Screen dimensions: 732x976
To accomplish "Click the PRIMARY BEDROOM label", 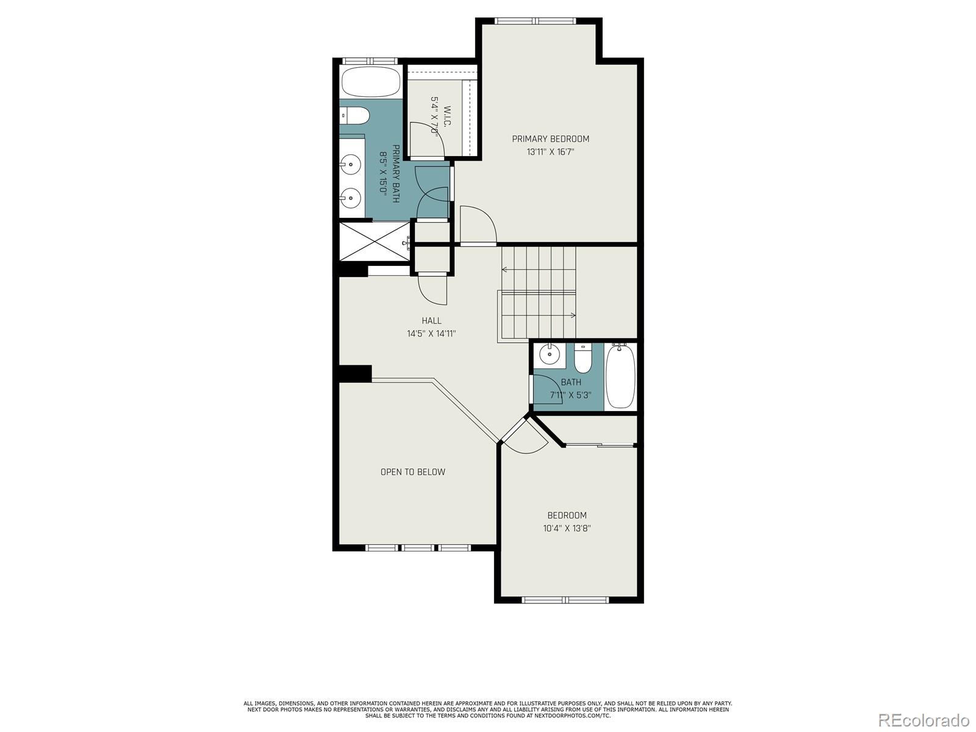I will coord(550,139).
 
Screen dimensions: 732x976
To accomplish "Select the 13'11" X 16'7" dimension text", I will coord(550,152).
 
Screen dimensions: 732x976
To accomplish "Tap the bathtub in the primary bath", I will coord(370,82).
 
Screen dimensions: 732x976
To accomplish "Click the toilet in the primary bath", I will coord(355,115).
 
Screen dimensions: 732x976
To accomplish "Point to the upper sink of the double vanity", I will coord(351,163).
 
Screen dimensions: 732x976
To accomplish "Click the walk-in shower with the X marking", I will coord(374,242).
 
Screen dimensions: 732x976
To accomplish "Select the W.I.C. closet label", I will coord(447,117).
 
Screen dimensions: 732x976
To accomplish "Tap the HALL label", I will coord(431,321).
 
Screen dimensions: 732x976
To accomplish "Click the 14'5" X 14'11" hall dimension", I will coord(431,334).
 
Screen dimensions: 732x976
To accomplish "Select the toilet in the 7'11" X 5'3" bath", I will coord(583,360).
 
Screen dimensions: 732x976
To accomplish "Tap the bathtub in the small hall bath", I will coord(620,376).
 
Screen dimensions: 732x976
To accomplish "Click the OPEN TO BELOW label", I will coord(413,472).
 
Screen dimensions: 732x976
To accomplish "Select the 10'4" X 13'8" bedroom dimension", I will coord(567,528).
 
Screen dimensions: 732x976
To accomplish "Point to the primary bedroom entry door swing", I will coord(478,226).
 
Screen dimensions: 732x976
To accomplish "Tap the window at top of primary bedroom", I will coord(536,21).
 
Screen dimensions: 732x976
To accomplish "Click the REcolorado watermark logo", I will coord(924,720).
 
